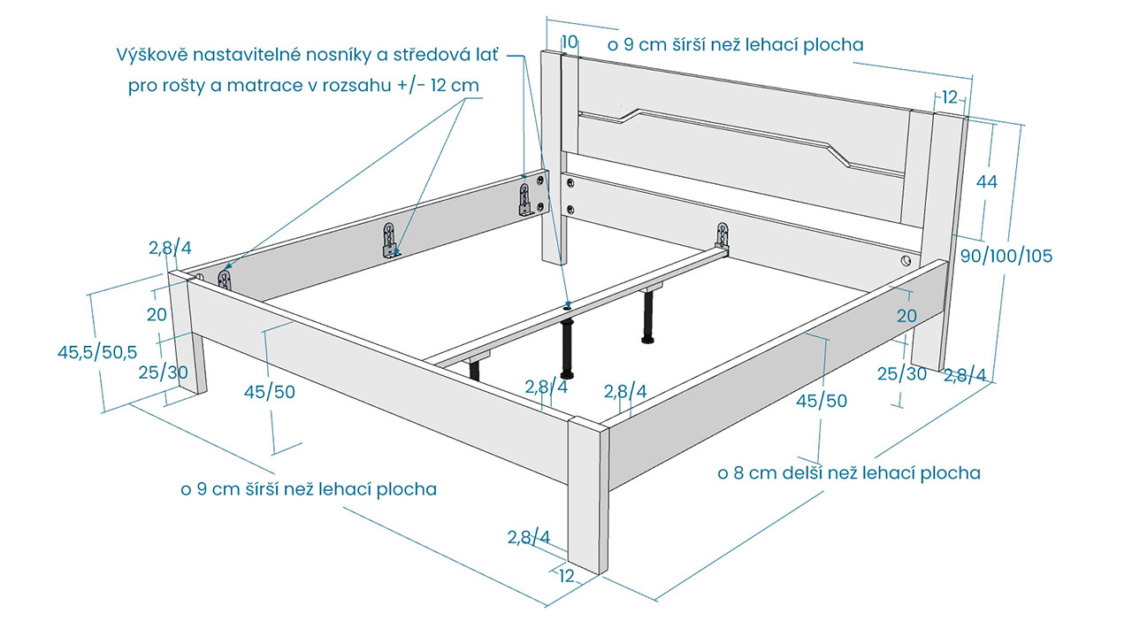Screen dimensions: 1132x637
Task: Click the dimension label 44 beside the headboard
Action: point(986,181)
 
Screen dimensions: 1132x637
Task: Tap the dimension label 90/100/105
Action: point(1006,256)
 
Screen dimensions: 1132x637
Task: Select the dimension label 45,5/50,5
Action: point(97,352)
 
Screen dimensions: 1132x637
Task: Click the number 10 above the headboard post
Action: point(570,42)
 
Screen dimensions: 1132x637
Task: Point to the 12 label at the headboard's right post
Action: point(950,97)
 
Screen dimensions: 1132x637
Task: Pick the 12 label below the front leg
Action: point(567,576)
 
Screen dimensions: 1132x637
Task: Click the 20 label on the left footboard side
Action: point(157,314)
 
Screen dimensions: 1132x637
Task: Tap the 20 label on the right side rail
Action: point(906,316)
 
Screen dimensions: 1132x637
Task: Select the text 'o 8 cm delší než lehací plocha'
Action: point(849,473)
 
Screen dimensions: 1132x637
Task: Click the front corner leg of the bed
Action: point(588,495)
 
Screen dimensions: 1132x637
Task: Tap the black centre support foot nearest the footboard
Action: point(567,349)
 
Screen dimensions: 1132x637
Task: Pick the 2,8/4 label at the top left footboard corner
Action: point(170,248)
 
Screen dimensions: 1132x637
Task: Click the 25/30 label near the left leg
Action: point(164,372)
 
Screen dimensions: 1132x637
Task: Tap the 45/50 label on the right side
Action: point(822,401)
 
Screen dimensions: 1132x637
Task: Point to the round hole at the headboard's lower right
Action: point(906,261)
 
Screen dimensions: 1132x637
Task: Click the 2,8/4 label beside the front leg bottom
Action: point(529,537)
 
